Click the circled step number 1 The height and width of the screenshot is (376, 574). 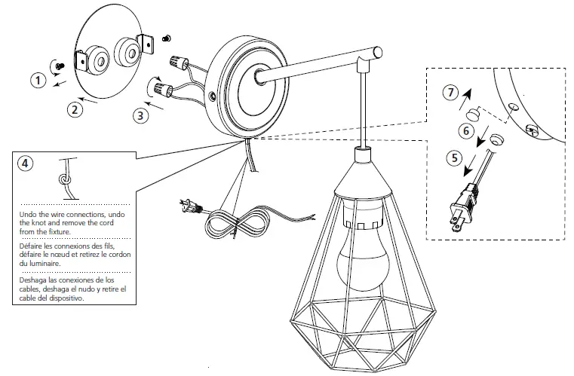coord(37,78)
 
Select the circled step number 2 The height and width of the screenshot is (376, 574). coord(74,109)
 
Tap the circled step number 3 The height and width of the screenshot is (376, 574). coord(140,115)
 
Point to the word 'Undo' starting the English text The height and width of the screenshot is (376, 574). coord(28,215)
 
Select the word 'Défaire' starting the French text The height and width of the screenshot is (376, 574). coord(32,247)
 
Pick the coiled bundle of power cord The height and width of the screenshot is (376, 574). coord(238,224)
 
